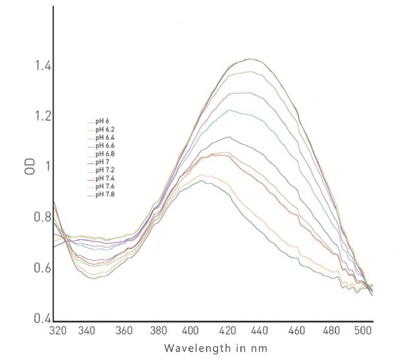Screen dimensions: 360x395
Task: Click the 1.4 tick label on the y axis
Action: pyautogui.click(x=42, y=66)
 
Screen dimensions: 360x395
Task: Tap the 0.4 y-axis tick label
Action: pyautogui.click(x=42, y=318)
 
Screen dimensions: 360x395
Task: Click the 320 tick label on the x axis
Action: pyautogui.click(x=58, y=331)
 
